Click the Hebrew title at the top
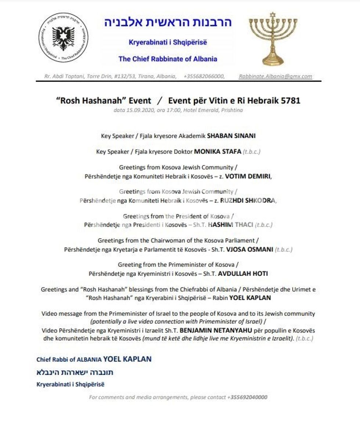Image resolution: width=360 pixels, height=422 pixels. click(168, 22)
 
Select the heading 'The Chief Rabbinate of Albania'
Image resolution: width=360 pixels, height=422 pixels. click(168, 59)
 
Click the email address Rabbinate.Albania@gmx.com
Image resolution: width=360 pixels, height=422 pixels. click(276, 76)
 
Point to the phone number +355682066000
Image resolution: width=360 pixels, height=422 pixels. click(204, 76)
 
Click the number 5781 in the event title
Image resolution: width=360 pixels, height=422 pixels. click(290, 101)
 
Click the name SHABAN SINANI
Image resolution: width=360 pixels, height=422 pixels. click(231, 136)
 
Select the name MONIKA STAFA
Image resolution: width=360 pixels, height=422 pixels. click(217, 151)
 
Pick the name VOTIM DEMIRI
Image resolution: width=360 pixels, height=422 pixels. click(248, 176)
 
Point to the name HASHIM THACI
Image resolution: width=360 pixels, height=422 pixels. click(230, 225)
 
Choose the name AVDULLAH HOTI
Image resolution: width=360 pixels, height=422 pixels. click(243, 273)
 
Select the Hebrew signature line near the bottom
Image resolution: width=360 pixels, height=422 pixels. click(75, 372)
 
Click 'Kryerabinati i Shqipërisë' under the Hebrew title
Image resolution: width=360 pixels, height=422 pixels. click(168, 42)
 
